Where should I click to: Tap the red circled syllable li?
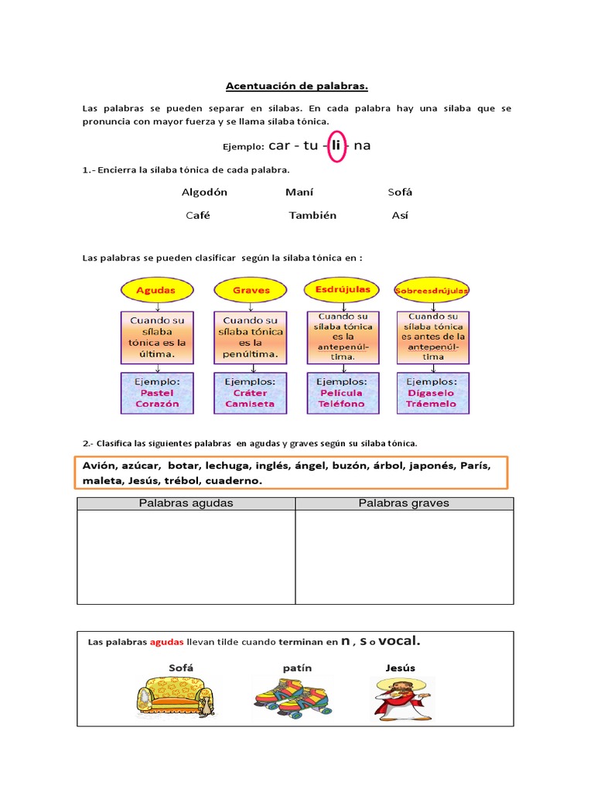(336, 145)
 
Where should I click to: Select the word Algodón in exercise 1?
(204, 192)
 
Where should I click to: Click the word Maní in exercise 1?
(299, 192)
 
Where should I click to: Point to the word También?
(312, 215)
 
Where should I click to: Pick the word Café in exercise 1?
(198, 215)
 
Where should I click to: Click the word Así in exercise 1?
(400, 215)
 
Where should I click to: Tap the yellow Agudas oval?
(155, 290)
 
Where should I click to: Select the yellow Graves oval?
(251, 290)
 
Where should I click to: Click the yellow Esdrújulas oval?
(343, 289)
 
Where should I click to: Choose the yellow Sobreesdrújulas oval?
(432, 291)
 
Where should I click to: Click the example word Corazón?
(157, 404)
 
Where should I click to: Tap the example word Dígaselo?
(432, 393)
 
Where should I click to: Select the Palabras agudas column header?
(186, 504)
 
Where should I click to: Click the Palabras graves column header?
(404, 504)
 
